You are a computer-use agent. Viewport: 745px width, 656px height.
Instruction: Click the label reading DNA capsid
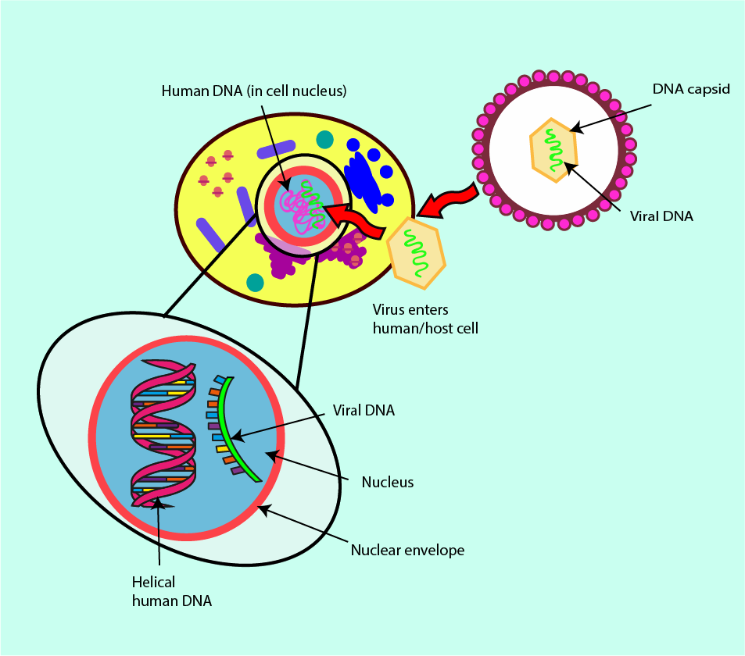pos(691,89)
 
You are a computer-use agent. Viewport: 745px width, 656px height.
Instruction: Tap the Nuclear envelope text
pos(407,550)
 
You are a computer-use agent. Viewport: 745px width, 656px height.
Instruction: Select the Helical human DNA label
pos(172,591)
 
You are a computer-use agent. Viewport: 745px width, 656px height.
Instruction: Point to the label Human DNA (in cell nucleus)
pos(254,91)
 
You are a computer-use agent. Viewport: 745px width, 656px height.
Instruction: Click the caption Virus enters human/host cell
pos(425,319)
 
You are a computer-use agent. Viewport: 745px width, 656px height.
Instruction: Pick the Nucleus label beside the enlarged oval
pos(387,482)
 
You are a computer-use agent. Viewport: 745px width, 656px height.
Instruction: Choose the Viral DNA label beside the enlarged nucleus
pos(364,410)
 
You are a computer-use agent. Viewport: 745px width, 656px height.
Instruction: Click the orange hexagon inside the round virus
pos(553,150)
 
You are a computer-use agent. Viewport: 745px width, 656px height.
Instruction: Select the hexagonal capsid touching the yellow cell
pos(417,250)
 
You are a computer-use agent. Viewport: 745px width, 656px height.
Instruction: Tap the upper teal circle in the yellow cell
pos(324,140)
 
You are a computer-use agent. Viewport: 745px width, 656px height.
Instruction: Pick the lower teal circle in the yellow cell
pos(255,282)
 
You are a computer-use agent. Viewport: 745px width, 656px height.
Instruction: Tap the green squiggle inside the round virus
pos(554,151)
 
